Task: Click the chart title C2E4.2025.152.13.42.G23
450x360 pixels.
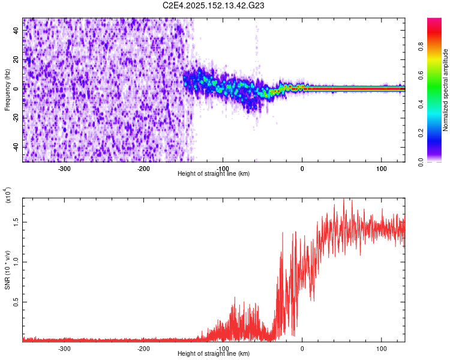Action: click(x=214, y=5)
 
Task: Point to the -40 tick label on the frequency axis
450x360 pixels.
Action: click(x=15, y=147)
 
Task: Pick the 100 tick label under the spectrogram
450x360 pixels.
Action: click(x=381, y=169)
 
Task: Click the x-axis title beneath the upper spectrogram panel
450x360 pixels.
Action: click(x=214, y=174)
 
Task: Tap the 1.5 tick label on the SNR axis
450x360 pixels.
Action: click(x=16, y=221)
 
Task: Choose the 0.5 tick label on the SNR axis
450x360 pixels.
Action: click(x=16, y=301)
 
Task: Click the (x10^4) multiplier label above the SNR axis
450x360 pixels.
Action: click(x=8, y=196)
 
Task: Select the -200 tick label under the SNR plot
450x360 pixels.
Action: click(x=143, y=349)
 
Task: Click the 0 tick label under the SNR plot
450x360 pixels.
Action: click(x=302, y=349)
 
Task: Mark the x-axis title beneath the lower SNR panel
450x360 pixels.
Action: click(x=214, y=354)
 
